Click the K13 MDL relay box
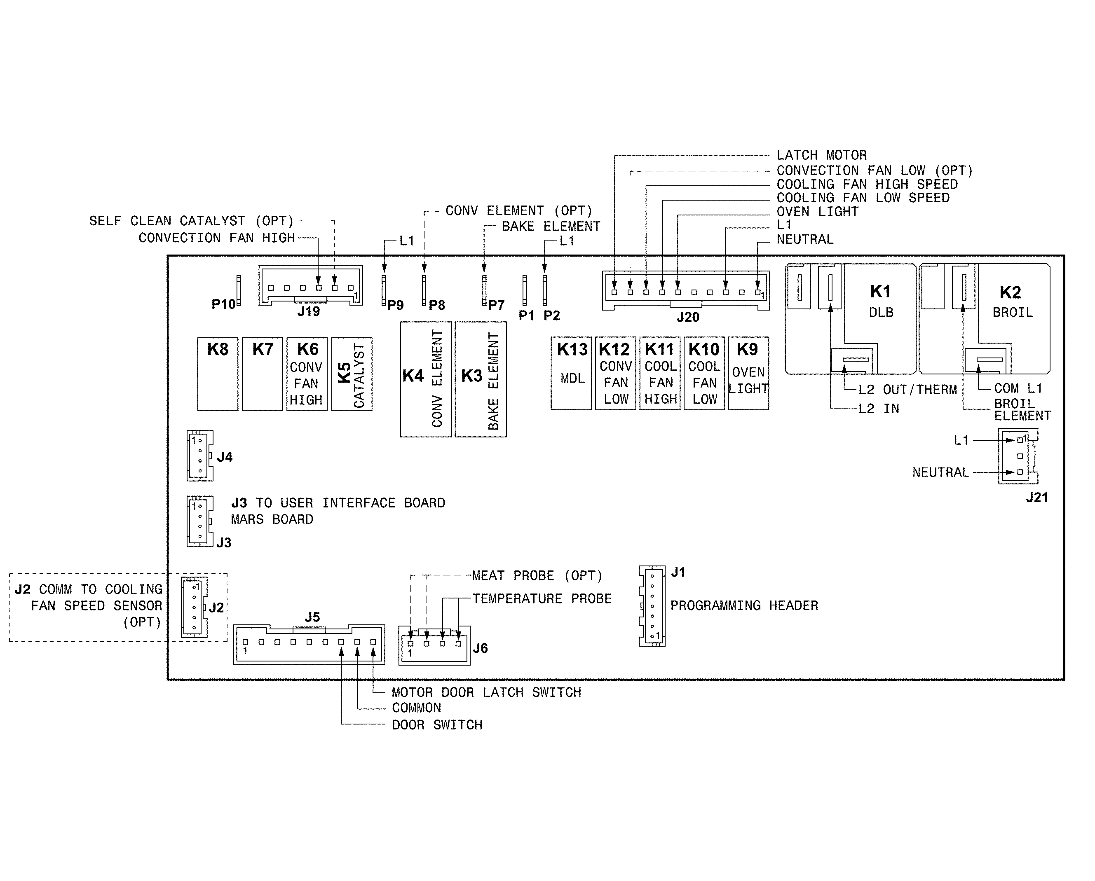571,374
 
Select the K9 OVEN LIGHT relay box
748,374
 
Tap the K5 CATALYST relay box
352,374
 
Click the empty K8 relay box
217,374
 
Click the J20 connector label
688,317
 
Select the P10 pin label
223,304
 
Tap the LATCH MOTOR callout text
821,155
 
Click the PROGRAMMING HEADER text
744,605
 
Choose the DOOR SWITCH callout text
437,725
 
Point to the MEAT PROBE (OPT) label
537,575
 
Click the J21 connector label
1036,498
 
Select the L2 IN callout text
879,409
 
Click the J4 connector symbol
199,456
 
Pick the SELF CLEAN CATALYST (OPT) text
192,221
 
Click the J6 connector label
480,648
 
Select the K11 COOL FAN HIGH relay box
660,374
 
